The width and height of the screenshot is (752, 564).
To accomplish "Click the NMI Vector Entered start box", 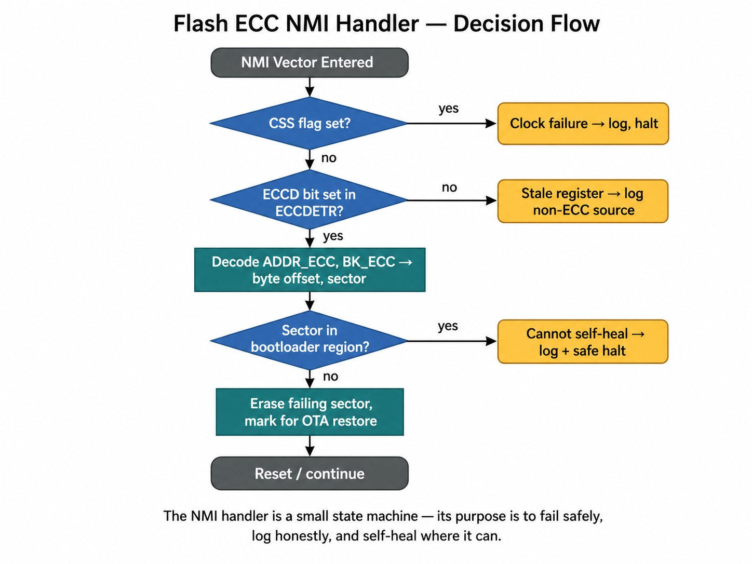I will [310, 63].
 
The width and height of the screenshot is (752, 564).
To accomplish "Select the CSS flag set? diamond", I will [310, 124].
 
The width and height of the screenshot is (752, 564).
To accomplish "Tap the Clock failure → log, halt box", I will [583, 124].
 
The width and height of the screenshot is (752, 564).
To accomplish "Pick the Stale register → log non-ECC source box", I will [583, 202].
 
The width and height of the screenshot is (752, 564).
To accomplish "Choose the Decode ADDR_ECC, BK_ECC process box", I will [310, 270].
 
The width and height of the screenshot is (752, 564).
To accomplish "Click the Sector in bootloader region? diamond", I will [310, 339].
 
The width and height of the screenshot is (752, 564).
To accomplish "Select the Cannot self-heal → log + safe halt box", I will [583, 342].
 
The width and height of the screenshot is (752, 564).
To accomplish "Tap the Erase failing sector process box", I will [310, 412].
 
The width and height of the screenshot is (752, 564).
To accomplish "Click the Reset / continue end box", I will [310, 474].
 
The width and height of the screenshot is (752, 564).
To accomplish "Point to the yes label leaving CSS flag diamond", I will [449, 109].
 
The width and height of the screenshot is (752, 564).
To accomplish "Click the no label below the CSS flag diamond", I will [329, 158].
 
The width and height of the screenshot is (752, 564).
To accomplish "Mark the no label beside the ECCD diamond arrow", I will [449, 187].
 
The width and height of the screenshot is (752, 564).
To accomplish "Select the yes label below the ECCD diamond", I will [333, 236].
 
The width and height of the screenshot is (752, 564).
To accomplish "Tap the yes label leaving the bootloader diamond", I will [448, 327].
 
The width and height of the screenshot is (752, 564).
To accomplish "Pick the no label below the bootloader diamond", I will [330, 377].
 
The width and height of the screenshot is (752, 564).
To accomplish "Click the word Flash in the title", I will [200, 24].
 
